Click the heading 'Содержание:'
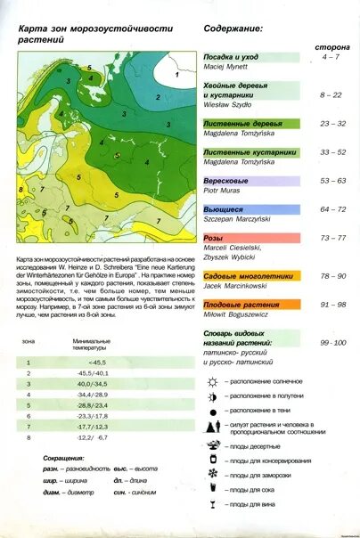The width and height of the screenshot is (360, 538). pyautogui.click(x=233, y=29)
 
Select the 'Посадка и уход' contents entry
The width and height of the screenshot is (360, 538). pyautogui.click(x=231, y=56)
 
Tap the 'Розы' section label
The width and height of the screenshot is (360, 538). pyautogui.click(x=214, y=239)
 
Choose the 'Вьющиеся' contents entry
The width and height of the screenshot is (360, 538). pyautogui.click(x=225, y=209)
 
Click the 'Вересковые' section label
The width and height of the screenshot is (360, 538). pyautogui.click(x=226, y=181)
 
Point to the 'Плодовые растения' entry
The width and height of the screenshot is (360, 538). pyautogui.click(x=241, y=305)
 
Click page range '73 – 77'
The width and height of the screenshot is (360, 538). pyautogui.click(x=332, y=239)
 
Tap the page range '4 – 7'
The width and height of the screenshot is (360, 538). pyautogui.click(x=331, y=57)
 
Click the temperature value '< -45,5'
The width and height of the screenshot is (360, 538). pyautogui.click(x=97, y=363)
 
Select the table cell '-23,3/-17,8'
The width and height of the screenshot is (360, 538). pyautogui.click(x=92, y=416)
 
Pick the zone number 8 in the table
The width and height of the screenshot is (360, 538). pyautogui.click(x=29, y=437)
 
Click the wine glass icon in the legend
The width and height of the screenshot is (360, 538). pyautogui.click(x=212, y=505)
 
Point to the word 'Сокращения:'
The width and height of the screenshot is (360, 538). pyautogui.click(x=63, y=456)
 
